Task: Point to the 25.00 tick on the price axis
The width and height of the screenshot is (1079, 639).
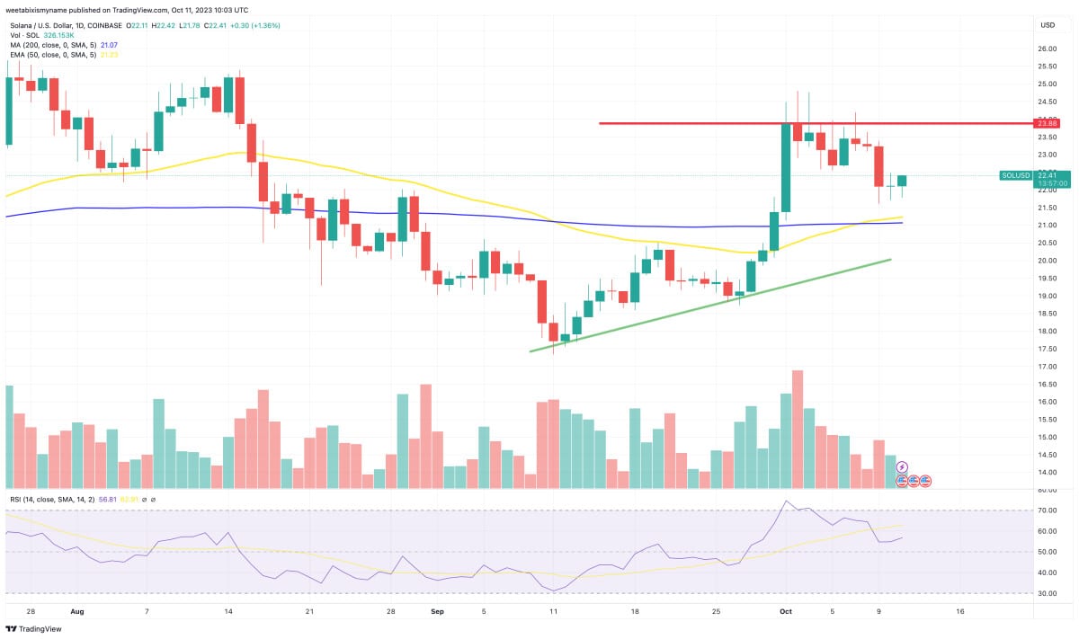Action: pos(1047,84)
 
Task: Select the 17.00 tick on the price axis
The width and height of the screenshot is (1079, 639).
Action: pos(1047,367)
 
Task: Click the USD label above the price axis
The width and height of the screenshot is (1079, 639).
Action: pos(1048,25)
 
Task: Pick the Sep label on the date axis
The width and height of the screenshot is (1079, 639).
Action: pos(437,611)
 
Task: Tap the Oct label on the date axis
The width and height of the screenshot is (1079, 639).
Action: pos(785,611)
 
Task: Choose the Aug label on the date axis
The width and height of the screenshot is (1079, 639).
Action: pos(76,611)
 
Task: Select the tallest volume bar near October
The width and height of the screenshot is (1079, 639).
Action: pos(797,429)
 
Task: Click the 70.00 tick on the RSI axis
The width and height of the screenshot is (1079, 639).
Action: pos(1047,510)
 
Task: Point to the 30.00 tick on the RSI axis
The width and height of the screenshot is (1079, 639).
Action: pos(1047,593)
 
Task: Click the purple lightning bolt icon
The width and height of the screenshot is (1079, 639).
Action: pos(902,467)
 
